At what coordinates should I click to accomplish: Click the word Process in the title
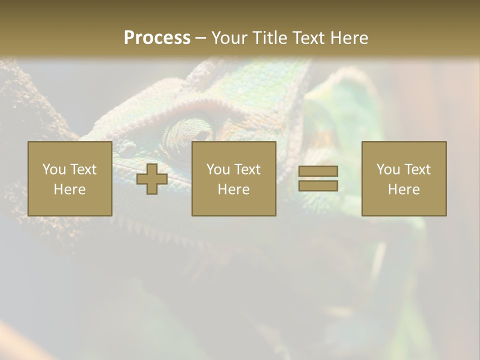(157, 37)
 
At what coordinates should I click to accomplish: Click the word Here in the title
(348, 37)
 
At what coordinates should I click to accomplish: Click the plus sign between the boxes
(152, 179)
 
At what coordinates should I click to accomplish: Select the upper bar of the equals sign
(318, 171)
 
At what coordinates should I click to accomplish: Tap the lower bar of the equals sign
(318, 186)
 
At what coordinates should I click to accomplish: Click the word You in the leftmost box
(54, 169)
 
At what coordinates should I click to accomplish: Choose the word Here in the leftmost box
(69, 189)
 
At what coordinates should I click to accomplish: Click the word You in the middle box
(218, 169)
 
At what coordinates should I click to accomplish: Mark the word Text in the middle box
(247, 169)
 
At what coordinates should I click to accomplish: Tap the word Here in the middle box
(233, 189)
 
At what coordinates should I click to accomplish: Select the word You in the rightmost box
(388, 169)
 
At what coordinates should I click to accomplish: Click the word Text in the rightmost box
(417, 169)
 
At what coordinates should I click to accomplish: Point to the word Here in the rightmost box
(403, 189)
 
